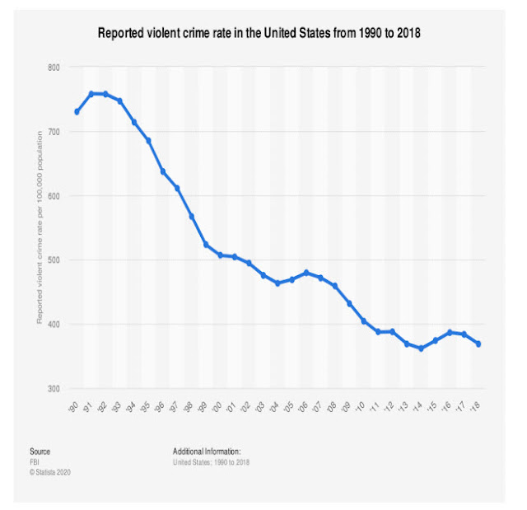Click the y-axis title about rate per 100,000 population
pyautogui.click(x=40, y=227)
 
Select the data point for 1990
pyautogui.click(x=77, y=111)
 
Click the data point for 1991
pyautogui.click(x=91, y=94)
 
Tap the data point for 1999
pyautogui.click(x=206, y=245)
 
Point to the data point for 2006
pyautogui.click(x=306, y=273)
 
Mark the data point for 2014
pyautogui.click(x=421, y=349)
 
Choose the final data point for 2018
pyautogui.click(x=478, y=344)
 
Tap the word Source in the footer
pyautogui.click(x=40, y=452)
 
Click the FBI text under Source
pyautogui.click(x=34, y=461)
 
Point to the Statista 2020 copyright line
pyautogui.click(x=49, y=471)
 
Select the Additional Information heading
pyautogui.click(x=206, y=452)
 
